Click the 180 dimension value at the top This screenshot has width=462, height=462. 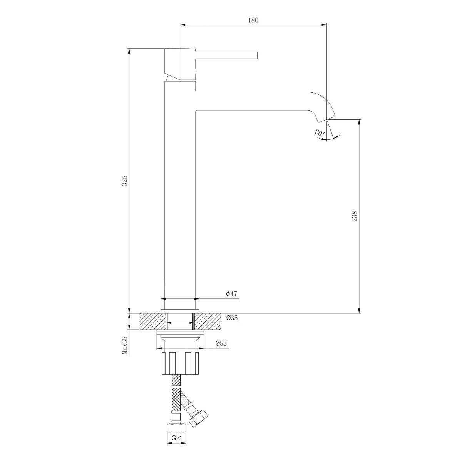pos(253,20)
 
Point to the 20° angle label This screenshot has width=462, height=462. pos(320,133)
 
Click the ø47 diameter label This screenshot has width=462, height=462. pos(231,294)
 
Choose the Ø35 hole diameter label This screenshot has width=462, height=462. pos(232,318)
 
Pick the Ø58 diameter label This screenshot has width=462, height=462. pos(221,343)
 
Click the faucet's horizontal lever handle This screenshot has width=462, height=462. pos(227,55)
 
